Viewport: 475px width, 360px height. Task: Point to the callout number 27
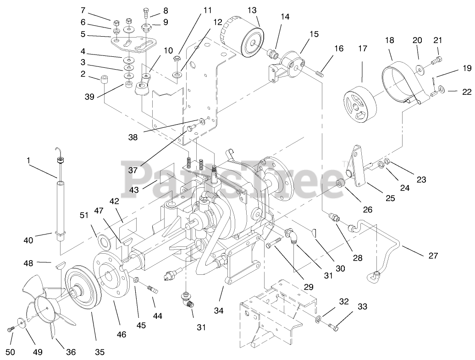click(433, 256)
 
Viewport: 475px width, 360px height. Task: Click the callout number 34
click(218, 311)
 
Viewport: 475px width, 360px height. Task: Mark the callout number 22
click(466, 92)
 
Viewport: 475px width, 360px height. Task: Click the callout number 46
click(121, 334)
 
